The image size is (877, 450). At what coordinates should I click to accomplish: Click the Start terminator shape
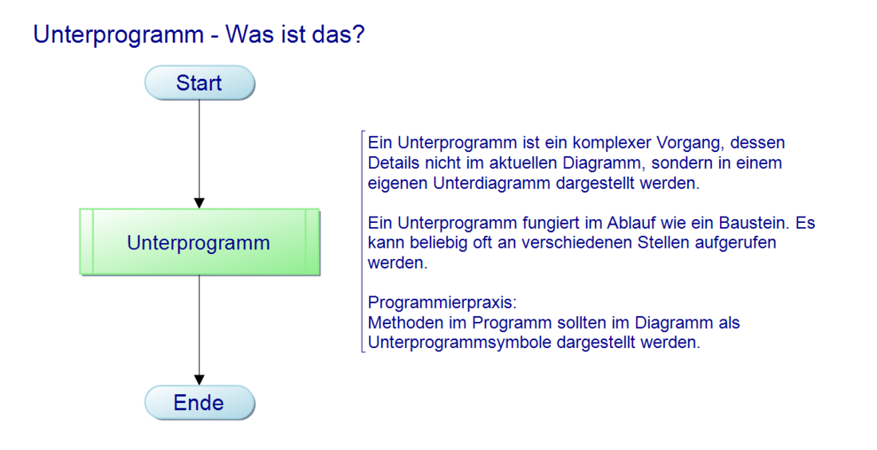(199, 83)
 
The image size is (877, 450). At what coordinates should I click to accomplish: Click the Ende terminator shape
(199, 402)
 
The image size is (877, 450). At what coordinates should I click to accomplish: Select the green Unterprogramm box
(199, 242)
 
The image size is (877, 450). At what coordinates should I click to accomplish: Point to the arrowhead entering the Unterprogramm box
(199, 203)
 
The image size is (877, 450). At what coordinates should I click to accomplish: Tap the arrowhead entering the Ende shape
(199, 380)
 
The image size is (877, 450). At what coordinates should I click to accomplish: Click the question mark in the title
(358, 34)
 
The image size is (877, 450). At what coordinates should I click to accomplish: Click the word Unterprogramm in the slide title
(118, 36)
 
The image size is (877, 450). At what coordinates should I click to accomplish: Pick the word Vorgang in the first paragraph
(690, 143)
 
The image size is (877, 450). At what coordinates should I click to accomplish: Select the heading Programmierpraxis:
(442, 303)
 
